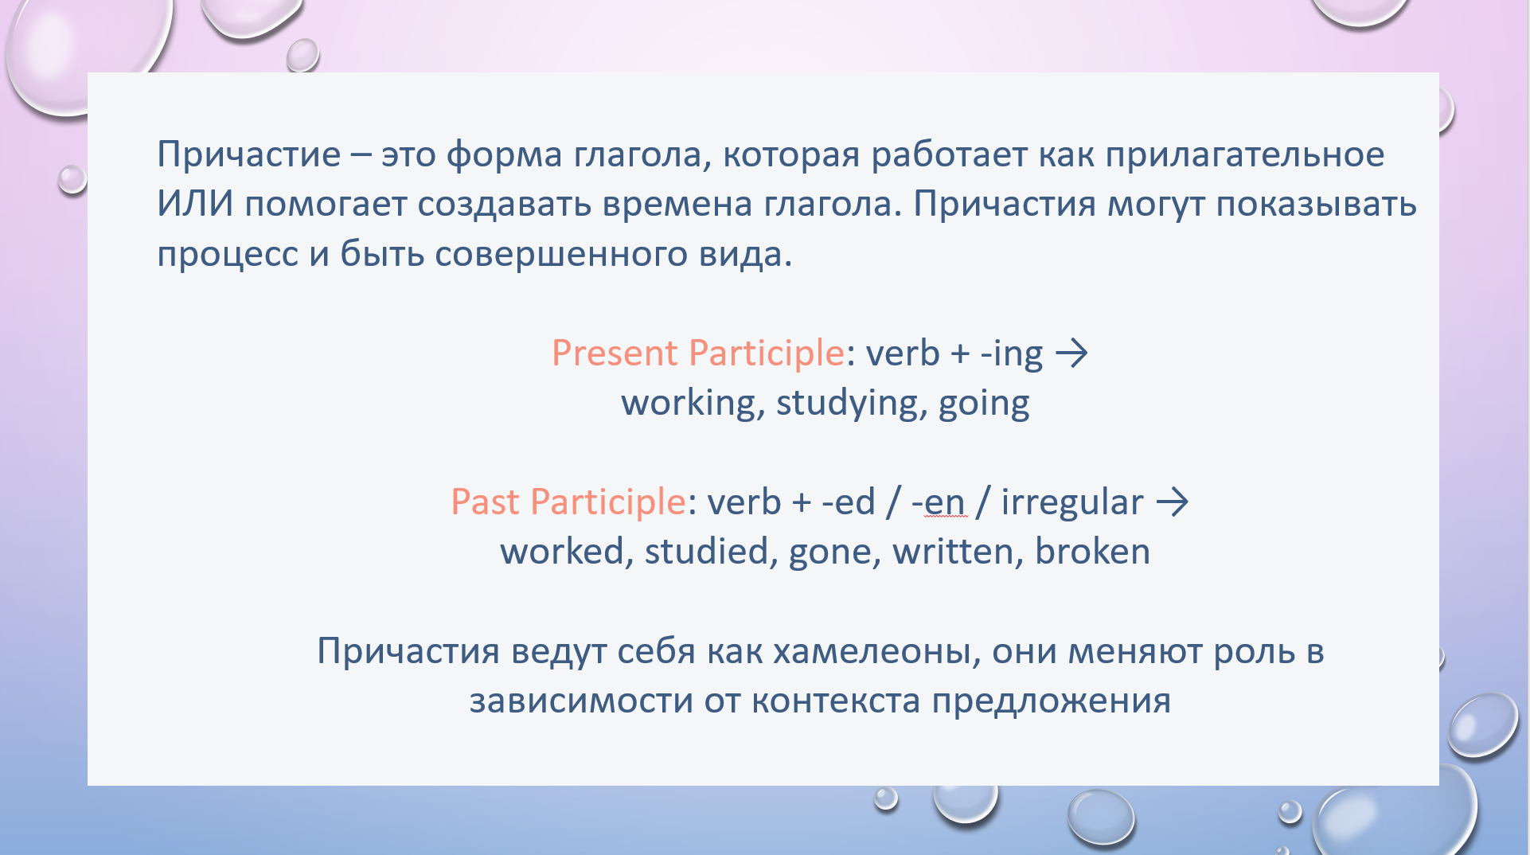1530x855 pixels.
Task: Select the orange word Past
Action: click(486, 502)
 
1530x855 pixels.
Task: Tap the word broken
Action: click(1093, 551)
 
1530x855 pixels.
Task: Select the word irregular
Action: click(1072, 502)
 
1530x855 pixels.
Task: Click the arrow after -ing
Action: click(1071, 353)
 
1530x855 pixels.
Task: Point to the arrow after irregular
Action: click(1173, 502)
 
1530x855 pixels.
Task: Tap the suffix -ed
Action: click(849, 502)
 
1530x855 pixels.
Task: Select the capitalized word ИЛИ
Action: click(195, 204)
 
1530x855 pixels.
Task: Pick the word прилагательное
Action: click(1245, 154)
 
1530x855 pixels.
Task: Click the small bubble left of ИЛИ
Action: click(72, 179)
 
